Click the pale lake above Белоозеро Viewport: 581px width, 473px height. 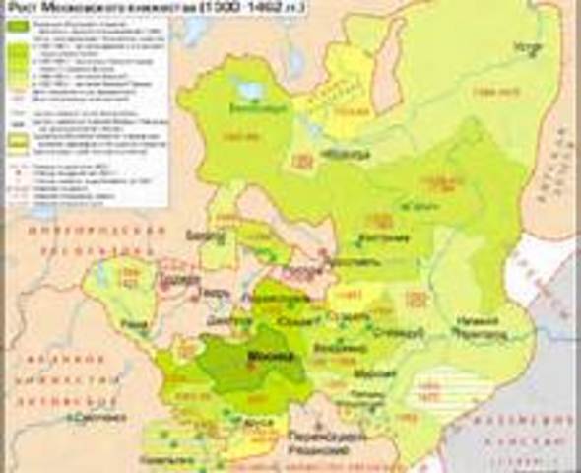tap(250, 90)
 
